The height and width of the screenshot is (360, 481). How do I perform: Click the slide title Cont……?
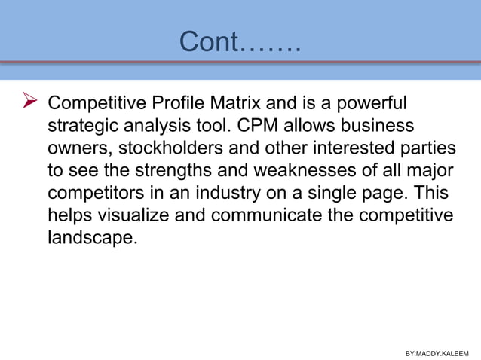click(x=240, y=43)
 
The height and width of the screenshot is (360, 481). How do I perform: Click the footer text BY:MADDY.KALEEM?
click(x=437, y=352)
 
